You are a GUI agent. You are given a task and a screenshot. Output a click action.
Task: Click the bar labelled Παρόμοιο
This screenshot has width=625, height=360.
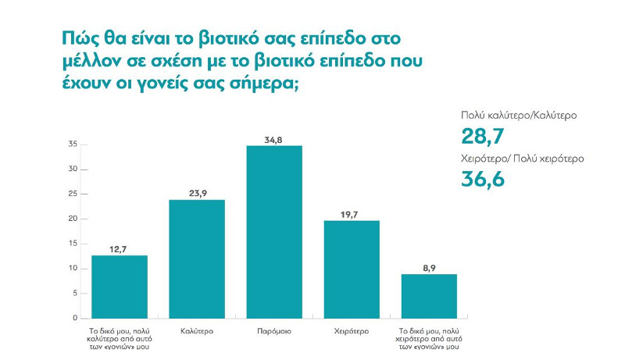tap(274, 232)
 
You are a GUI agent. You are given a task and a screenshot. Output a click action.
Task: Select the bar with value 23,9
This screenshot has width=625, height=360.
tap(197, 259)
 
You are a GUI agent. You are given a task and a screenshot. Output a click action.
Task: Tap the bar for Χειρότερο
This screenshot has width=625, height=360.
tap(352, 269)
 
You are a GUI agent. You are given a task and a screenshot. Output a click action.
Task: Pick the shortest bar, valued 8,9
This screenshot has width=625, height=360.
tap(429, 296)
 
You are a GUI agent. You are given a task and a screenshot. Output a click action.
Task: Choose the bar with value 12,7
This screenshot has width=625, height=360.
tap(120, 287)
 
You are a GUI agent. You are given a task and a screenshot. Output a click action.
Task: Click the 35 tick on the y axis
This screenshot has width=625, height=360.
tap(72, 144)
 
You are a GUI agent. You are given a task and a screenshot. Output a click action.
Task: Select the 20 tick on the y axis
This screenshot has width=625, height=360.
tap(72, 219)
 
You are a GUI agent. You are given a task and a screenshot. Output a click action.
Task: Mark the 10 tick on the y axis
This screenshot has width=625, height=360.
tap(72, 269)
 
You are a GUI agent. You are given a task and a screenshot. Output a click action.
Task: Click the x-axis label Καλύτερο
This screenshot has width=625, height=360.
tap(197, 331)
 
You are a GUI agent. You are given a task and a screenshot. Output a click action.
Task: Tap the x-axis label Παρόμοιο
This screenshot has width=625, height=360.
tap(274, 331)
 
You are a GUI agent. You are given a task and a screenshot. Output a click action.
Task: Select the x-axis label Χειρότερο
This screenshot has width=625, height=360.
tap(352, 331)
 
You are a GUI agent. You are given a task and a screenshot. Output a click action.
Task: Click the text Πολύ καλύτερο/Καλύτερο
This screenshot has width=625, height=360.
tap(519, 116)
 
